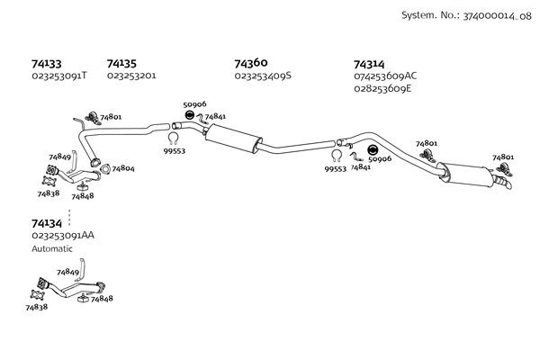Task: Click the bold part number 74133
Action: (46, 64)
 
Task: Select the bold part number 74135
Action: (121, 64)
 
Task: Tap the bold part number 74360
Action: (250, 64)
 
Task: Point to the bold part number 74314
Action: (369, 65)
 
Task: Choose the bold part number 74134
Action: (47, 223)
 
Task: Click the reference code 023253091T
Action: (59, 76)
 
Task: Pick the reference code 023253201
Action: (131, 76)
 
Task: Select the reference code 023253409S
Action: (263, 76)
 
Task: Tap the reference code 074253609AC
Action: (385, 76)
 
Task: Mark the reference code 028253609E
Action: (383, 88)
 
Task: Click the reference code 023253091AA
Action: (62, 235)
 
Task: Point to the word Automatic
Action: (52, 248)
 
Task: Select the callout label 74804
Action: (123, 168)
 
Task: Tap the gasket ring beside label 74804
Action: (104, 168)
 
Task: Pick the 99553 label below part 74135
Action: (175, 151)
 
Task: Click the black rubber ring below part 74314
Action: (374, 149)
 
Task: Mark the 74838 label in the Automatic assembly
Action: (37, 307)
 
